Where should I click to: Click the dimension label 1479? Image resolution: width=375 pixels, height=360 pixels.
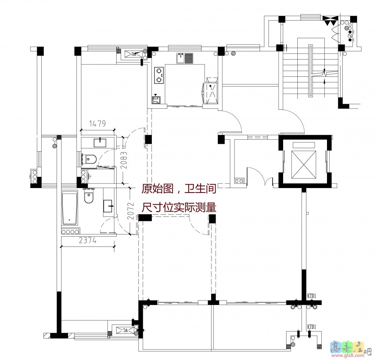[x=97, y=123]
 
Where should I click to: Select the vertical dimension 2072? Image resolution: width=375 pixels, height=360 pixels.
[x=130, y=211]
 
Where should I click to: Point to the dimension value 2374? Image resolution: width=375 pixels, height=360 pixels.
[x=88, y=241]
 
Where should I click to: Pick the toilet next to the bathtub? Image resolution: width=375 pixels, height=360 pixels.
[x=88, y=197]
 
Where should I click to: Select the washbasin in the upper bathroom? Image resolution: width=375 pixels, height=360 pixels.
[x=100, y=142]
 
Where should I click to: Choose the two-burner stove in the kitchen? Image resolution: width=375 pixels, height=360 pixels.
[x=159, y=75]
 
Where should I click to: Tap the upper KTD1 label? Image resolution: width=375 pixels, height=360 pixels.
[x=312, y=296]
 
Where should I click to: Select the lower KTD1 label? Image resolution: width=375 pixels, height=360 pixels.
[x=312, y=327]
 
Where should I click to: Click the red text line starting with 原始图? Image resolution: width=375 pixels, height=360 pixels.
[x=178, y=189]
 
